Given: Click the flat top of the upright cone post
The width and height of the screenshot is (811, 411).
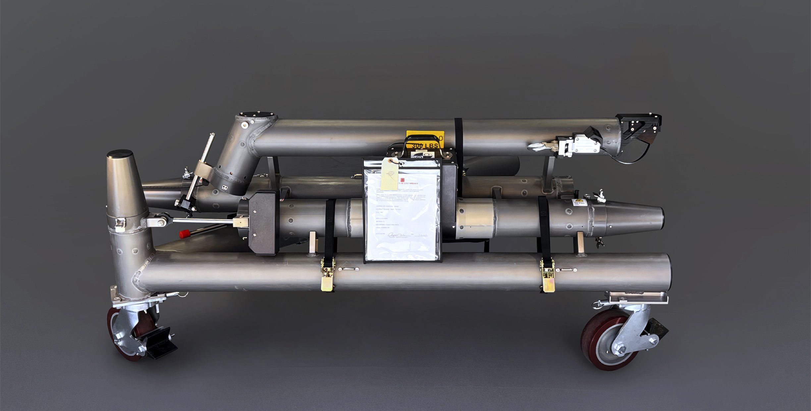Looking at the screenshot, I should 120,154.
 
